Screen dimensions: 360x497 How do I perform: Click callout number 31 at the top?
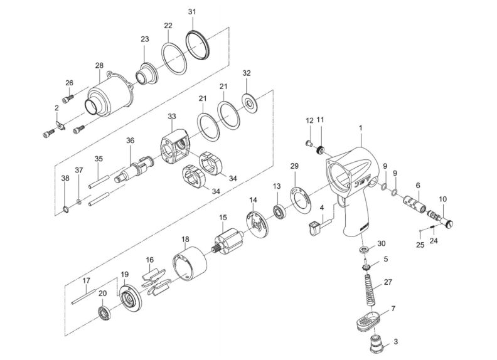[192, 12]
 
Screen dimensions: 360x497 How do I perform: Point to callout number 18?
[185, 240]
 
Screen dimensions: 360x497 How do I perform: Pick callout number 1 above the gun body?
[361, 128]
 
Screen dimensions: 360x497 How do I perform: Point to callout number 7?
[393, 310]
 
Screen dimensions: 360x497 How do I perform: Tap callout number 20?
[102, 293]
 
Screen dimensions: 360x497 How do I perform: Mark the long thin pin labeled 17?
[83, 295]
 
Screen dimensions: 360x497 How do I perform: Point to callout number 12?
[309, 120]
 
